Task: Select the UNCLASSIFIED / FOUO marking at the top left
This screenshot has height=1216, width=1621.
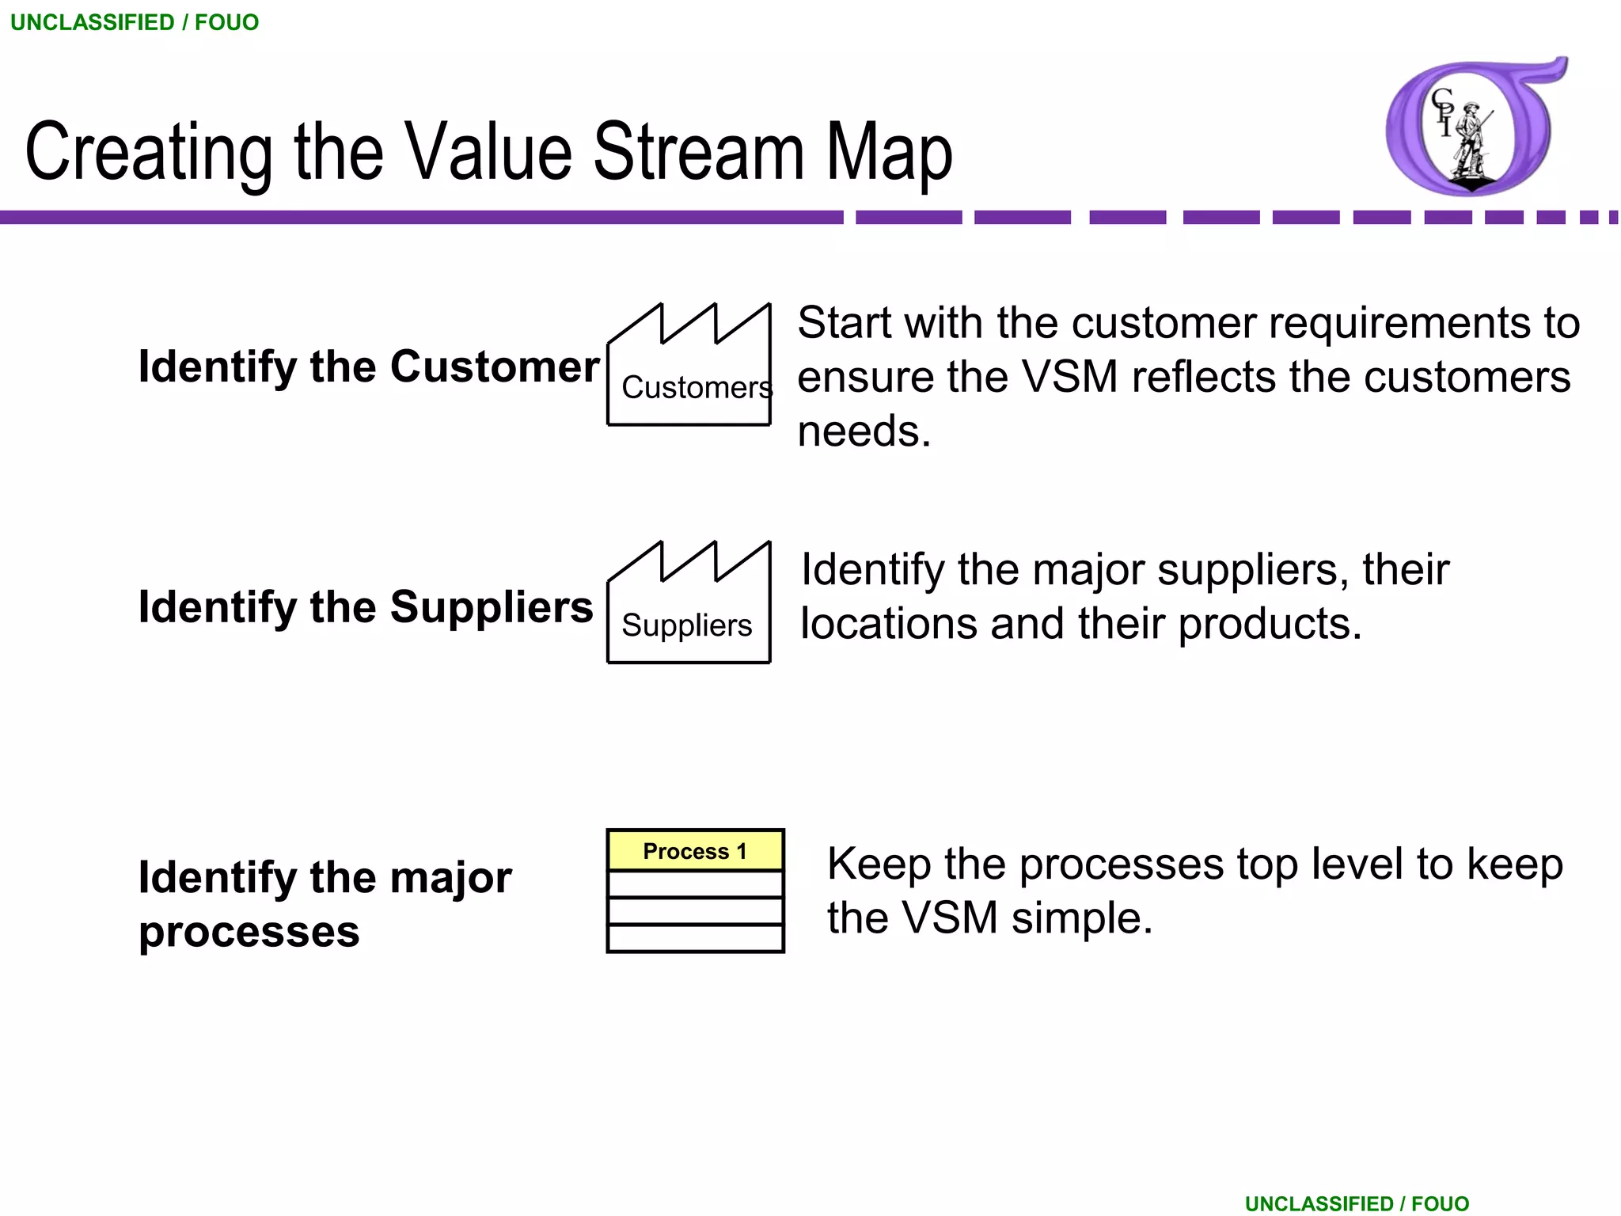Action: click(135, 22)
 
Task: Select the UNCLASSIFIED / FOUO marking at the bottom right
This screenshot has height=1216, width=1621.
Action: click(1357, 1203)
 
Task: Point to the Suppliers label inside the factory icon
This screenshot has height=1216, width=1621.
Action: click(686, 625)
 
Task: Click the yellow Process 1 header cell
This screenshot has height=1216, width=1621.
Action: click(695, 851)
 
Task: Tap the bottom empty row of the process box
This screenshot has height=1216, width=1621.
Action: click(695, 939)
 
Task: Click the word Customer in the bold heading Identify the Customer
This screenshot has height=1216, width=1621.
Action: click(495, 367)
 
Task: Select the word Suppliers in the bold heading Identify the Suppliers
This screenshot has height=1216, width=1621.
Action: click(491, 607)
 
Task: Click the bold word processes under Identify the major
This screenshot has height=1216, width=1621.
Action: click(249, 932)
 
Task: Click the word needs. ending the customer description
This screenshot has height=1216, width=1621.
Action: click(864, 431)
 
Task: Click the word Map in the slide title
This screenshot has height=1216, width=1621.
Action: click(889, 152)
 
